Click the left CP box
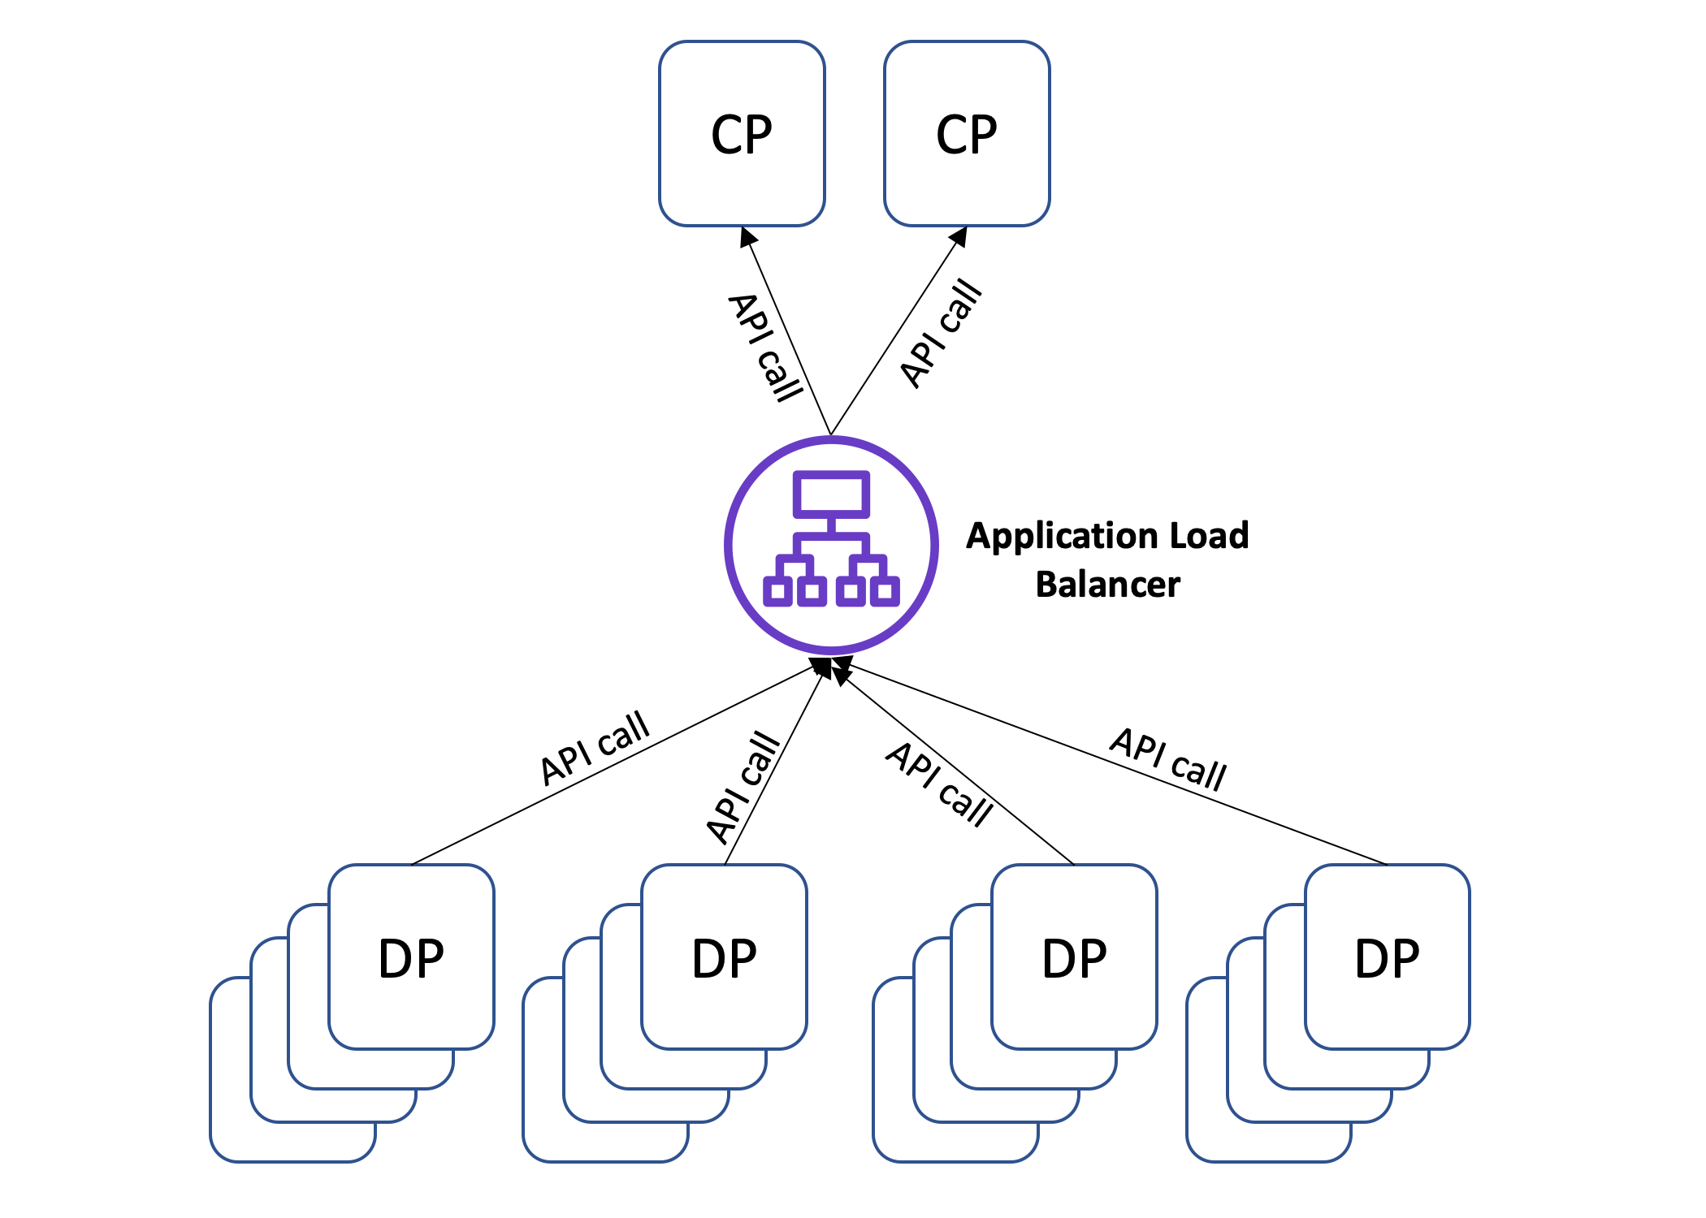pos(742,134)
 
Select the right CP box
pos(967,134)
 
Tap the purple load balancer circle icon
pos(831,545)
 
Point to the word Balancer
pos(1108,585)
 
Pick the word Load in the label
pos(1208,536)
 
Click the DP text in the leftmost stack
pos(411,958)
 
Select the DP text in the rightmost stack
pos(1387,958)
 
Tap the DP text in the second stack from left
pos(724,958)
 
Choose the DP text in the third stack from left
pos(1074,958)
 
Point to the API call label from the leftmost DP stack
pos(595,748)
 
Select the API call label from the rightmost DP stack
pos(1168,759)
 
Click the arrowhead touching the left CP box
pos(747,236)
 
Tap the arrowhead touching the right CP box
pos(959,236)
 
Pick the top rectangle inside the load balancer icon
pos(831,494)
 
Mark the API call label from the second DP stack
pos(743,787)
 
